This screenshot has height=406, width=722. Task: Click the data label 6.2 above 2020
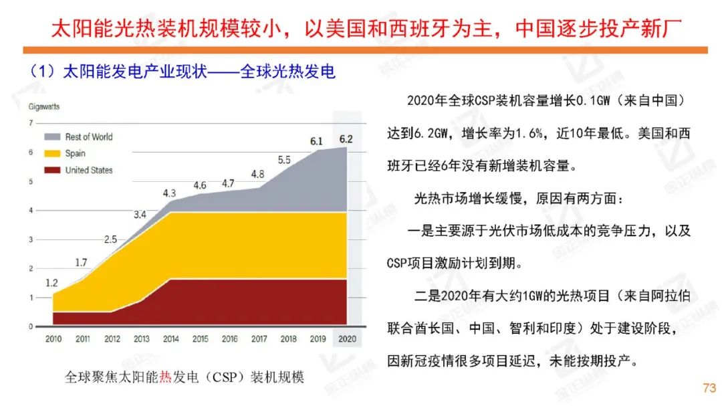(x=346, y=139)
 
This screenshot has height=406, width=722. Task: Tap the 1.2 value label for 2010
(x=51, y=283)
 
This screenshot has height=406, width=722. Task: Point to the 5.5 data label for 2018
(x=284, y=160)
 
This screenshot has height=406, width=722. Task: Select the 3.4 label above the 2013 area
(x=140, y=215)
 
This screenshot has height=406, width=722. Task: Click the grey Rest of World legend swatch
(x=52, y=136)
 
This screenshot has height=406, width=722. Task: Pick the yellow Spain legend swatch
(x=52, y=153)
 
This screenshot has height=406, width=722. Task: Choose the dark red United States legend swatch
(x=52, y=170)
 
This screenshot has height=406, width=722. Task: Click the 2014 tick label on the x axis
(x=170, y=338)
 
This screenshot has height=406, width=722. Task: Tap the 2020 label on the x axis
(x=346, y=338)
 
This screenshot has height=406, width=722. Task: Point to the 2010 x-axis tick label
(x=53, y=338)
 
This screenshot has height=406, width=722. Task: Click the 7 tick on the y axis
(x=30, y=123)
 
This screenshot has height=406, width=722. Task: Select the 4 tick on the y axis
(x=30, y=210)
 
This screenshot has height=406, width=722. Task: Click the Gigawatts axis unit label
(x=44, y=106)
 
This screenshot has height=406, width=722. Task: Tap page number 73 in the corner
(x=709, y=388)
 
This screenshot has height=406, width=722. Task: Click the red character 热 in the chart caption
(x=166, y=378)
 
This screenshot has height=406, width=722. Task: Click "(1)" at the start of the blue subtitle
(x=41, y=72)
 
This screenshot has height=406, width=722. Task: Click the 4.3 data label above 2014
(x=170, y=193)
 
